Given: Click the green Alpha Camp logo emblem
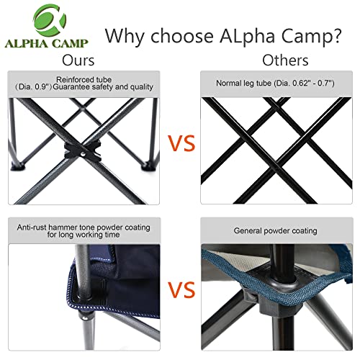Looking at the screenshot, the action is tap(50, 20).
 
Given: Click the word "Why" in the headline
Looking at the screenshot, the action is tap(125, 36).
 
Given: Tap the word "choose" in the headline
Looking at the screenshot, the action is tap(182, 36).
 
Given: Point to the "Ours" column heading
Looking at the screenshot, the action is tap(78, 60).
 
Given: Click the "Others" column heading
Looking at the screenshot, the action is tap(285, 60).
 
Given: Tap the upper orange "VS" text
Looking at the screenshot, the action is tap(181, 143).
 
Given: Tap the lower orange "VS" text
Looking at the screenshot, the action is tap(181, 289).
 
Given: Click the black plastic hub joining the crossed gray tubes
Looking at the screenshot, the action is tap(83, 150).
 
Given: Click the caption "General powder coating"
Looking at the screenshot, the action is tap(276, 231).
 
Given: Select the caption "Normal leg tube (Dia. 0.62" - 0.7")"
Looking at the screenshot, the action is tap(275, 83).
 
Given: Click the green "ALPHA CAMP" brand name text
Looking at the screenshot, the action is tap(47, 43).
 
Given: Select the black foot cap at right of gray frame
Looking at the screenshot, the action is tap(148, 166).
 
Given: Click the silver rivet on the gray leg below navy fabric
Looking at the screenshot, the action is tap(85, 318).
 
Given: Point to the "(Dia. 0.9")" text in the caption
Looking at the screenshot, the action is tap(34, 87).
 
